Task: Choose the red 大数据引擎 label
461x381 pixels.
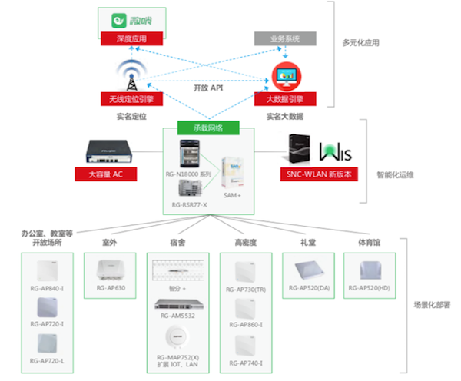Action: coord(284,99)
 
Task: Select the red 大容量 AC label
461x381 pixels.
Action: coord(106,174)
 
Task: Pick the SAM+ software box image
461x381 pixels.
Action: coord(233,174)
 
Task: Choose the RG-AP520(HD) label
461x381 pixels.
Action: coord(369,288)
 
